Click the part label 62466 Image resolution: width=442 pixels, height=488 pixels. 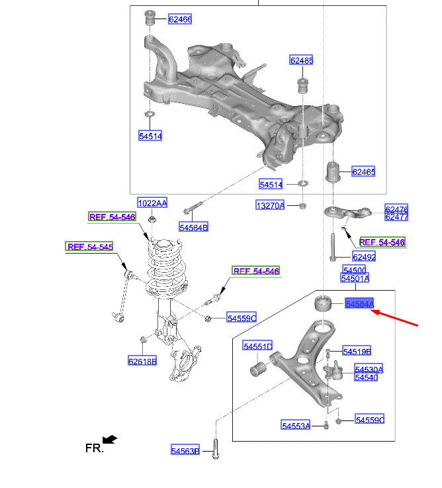click(x=180, y=19)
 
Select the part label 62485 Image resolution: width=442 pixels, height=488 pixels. click(x=301, y=60)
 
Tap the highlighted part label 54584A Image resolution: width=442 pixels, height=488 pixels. click(x=359, y=303)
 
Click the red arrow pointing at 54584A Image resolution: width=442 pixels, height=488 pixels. click(x=394, y=317)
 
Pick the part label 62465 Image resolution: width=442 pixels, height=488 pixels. click(x=363, y=171)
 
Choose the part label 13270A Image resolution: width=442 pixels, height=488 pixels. click(x=270, y=205)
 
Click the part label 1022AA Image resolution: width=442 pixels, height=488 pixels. click(x=152, y=203)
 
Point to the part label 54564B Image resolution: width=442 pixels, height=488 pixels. click(x=193, y=227)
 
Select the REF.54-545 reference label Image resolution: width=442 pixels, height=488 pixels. click(x=89, y=246)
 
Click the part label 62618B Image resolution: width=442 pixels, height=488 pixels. click(x=142, y=361)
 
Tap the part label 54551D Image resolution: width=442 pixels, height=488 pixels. click(x=257, y=346)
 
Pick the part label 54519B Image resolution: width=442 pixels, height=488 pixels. click(x=357, y=351)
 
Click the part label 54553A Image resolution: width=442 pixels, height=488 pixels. click(x=296, y=425)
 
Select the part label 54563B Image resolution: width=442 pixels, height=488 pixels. click(x=185, y=450)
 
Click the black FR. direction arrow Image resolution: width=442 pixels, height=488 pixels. click(x=109, y=440)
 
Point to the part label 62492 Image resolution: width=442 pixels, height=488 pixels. click(x=364, y=256)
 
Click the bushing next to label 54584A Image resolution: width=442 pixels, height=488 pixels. click(x=323, y=303)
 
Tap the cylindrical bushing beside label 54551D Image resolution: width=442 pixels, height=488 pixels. click(x=258, y=369)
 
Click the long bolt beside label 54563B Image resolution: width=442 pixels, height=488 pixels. click(x=216, y=449)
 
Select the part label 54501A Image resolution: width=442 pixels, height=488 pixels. click(x=355, y=278)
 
